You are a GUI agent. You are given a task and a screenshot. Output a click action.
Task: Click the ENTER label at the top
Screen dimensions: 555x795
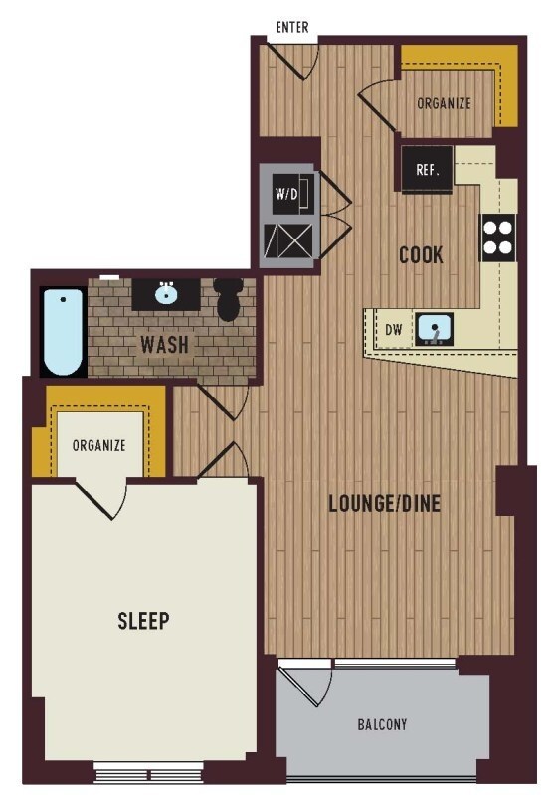pos(292,27)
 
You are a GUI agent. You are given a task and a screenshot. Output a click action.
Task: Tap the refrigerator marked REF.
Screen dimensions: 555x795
pos(427,169)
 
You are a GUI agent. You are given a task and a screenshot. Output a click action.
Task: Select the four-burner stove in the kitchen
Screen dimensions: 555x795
pos(498,238)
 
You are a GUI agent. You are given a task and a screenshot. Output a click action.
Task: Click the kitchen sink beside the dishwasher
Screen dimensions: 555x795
pos(434,329)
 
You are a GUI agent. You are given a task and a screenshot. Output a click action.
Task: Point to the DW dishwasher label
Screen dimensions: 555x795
pos(393,330)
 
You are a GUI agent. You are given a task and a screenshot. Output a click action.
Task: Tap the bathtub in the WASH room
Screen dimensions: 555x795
pos(63,332)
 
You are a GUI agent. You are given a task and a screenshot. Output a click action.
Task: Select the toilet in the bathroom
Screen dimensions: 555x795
pos(229,299)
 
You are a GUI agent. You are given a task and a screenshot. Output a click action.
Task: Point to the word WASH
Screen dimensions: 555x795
pos(164,344)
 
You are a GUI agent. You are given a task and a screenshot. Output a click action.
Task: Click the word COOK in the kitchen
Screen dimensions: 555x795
pos(421,254)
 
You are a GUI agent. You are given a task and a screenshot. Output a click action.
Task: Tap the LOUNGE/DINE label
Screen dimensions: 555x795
pos(385,503)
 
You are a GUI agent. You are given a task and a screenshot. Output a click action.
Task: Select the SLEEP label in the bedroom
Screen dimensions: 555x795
pos(143,620)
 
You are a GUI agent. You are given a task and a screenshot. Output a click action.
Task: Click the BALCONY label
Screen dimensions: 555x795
pos(382,724)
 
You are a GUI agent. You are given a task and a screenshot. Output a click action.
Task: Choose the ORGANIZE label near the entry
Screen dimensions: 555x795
pos(444,103)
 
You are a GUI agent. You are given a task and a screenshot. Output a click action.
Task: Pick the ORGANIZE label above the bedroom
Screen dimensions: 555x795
pos(98,445)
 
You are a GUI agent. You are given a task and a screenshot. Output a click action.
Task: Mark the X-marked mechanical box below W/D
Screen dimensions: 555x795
pos(287,240)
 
